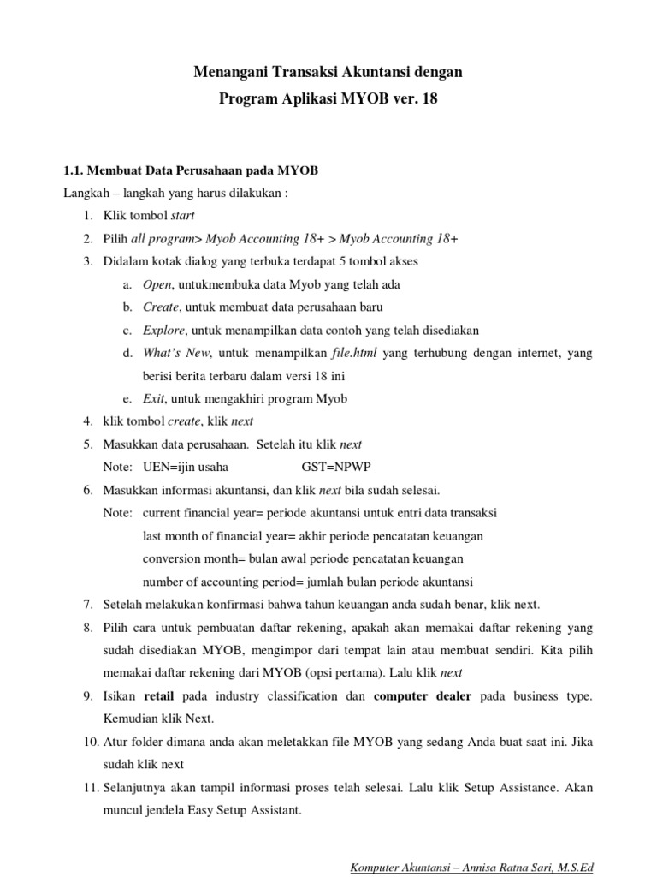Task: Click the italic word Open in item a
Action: [x=157, y=283]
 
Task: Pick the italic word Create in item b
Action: [x=161, y=306]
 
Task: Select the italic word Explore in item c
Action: [x=163, y=329]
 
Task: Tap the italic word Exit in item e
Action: [x=154, y=398]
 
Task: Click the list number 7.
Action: [x=88, y=604]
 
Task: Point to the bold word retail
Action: [x=160, y=696]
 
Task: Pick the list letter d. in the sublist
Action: [x=127, y=352]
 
